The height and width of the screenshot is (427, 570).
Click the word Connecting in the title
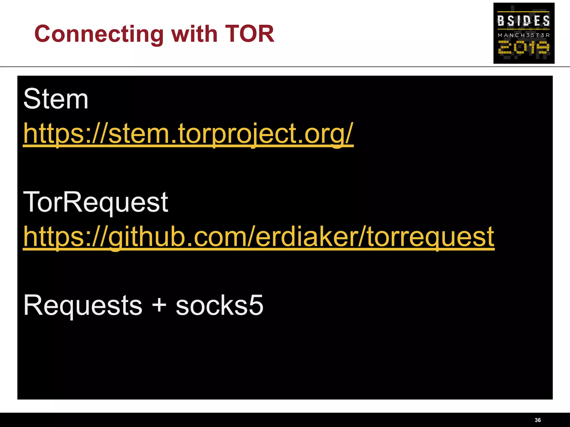(x=99, y=34)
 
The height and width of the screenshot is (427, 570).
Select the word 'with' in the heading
(x=194, y=34)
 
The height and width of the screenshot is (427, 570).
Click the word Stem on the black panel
(x=56, y=99)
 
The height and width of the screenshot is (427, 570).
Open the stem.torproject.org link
(x=188, y=134)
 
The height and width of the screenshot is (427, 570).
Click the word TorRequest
(x=96, y=202)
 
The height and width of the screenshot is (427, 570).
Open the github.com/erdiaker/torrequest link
(x=259, y=237)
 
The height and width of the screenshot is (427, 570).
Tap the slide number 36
(x=538, y=420)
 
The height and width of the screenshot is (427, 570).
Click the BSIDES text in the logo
(x=524, y=21)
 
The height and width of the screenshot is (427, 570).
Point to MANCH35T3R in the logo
(x=524, y=35)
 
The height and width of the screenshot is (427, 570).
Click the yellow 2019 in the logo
(x=524, y=48)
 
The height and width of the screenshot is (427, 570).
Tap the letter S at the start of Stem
(x=31, y=99)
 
